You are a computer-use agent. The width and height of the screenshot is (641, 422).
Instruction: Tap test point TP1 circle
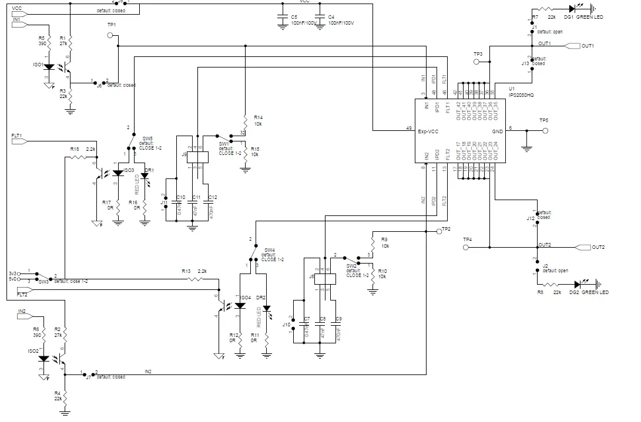[x=110, y=35]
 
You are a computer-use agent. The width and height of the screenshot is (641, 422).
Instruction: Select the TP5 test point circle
[x=545, y=131]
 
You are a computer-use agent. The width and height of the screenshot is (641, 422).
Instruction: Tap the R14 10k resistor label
[x=259, y=120]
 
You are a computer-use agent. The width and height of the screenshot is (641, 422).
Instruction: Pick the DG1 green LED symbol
[x=572, y=9]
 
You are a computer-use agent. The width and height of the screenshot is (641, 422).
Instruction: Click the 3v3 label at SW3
[x=13, y=273]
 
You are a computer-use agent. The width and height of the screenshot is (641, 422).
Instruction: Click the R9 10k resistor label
[x=384, y=242]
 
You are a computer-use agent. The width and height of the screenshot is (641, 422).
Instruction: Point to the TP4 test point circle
[x=467, y=248]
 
